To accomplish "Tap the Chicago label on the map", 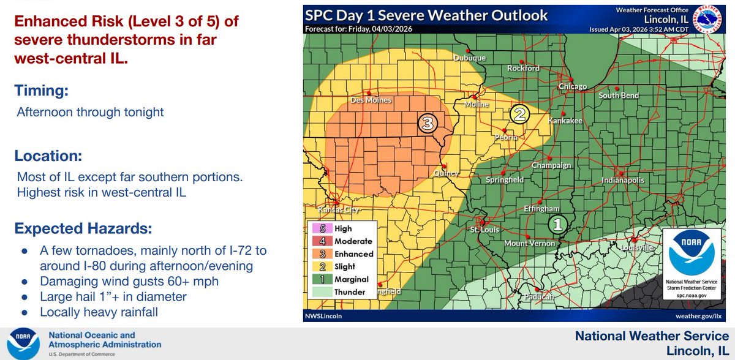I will (573, 87).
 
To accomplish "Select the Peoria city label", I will (507, 138).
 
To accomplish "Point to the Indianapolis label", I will (622, 181).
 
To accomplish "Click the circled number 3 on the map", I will (427, 124).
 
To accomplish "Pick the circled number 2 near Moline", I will (519, 114).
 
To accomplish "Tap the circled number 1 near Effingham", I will (557, 225).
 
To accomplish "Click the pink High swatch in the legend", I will (318, 228).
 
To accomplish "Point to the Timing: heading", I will (41, 91).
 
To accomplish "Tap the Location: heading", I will (47, 156).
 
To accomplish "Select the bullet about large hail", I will (113, 297).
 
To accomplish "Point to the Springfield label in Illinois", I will (504, 181).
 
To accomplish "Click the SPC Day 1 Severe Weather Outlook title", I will (427, 15).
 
